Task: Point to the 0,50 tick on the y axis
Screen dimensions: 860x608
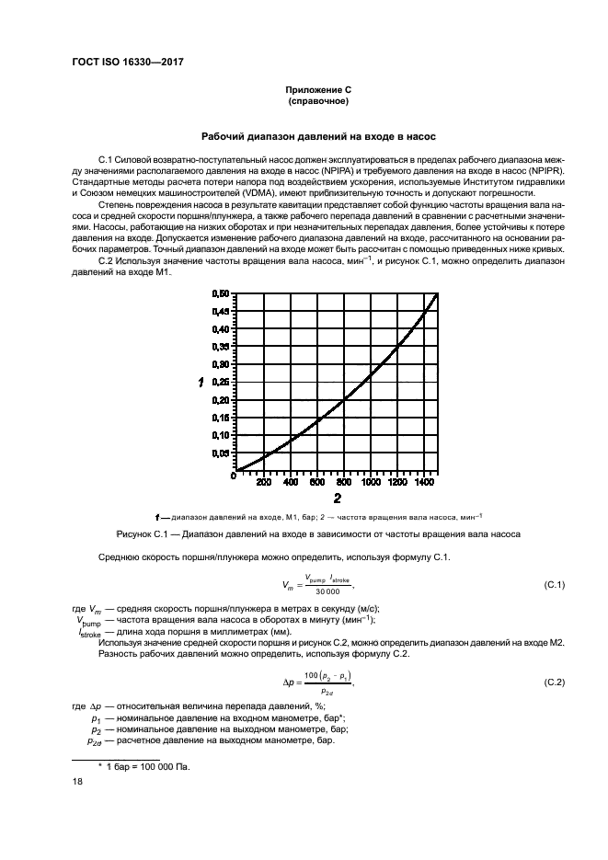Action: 221,293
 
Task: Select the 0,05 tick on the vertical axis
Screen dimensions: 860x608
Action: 221,453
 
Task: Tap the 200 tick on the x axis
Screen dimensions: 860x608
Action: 263,482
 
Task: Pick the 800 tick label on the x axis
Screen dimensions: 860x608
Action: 344,482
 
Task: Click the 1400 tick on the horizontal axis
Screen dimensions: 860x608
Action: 424,482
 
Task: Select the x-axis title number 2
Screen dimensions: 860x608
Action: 338,499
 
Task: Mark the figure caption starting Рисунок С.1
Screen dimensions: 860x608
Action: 317,534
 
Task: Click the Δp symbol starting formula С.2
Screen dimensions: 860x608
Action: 286,682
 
